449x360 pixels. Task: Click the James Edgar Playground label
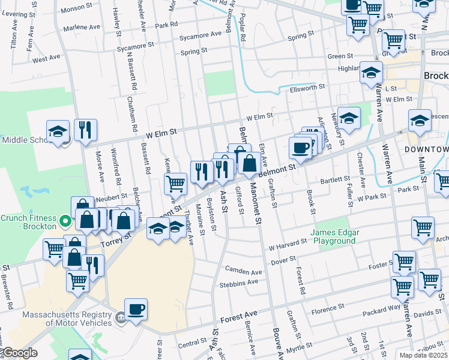pyautogui.click(x=333, y=236)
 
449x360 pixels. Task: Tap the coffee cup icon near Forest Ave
pyautogui.click(x=136, y=310)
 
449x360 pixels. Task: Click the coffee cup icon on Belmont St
pyautogui.click(x=300, y=148)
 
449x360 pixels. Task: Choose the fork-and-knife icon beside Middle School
pyautogui.click(x=85, y=130)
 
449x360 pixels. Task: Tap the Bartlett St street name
pyautogui.click(x=334, y=179)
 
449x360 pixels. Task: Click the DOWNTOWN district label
pyautogui.click(x=426, y=149)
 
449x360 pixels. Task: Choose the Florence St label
pyautogui.click(x=327, y=310)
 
